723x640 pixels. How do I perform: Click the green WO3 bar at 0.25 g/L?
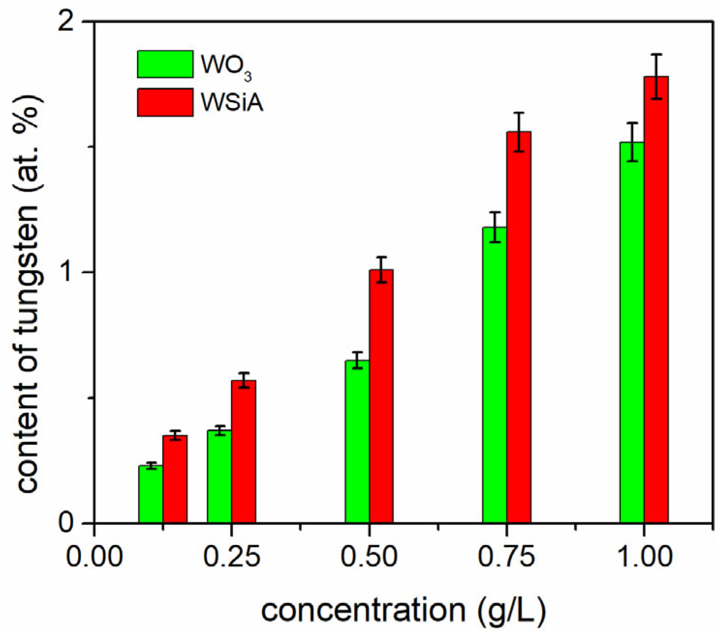[x=219, y=476]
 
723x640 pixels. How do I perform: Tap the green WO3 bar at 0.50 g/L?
[x=357, y=442]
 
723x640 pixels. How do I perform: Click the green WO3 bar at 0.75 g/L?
[x=494, y=375]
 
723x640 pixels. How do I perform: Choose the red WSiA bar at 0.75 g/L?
[x=519, y=327]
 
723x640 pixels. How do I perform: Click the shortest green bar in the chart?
[x=151, y=494]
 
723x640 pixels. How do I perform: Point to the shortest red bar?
[x=175, y=479]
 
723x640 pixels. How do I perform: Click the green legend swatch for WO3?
[x=165, y=64]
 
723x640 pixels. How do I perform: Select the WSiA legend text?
[x=232, y=103]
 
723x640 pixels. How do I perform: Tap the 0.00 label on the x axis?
[x=94, y=557]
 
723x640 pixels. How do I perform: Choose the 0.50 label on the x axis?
[x=369, y=557]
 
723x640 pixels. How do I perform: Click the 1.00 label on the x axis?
[x=645, y=557]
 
